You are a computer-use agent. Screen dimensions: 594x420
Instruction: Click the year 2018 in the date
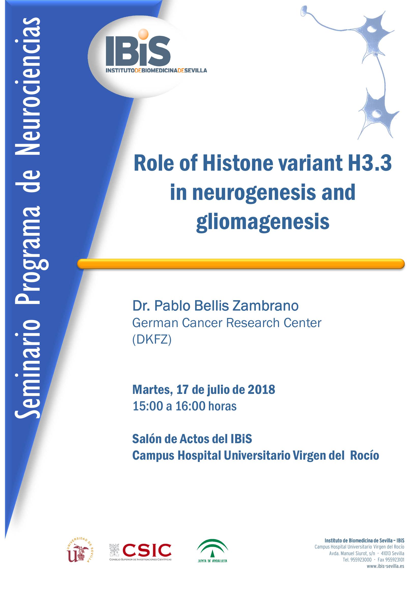(261, 390)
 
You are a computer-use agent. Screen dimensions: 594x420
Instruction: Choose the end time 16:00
(191, 406)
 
